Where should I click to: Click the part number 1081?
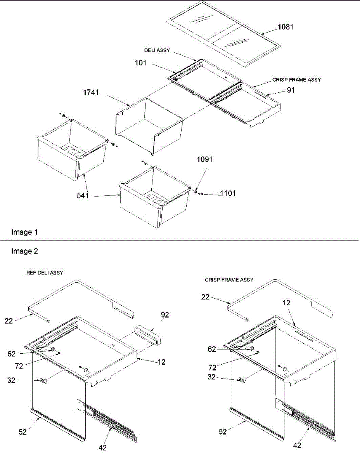[x=286, y=27]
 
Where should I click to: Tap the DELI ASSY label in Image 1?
[x=157, y=51]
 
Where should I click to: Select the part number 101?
[x=141, y=63]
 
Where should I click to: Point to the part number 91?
[x=291, y=90]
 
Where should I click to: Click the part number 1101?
[x=228, y=193]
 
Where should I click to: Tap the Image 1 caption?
[x=24, y=232]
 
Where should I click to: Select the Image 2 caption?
[x=24, y=251]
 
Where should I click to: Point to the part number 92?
[x=165, y=315]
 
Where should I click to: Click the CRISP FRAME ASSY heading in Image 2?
[x=229, y=280]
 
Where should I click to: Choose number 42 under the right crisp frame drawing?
[x=297, y=445]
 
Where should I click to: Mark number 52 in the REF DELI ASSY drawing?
[x=23, y=431]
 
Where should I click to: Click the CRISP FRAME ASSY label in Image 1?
[x=296, y=80]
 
